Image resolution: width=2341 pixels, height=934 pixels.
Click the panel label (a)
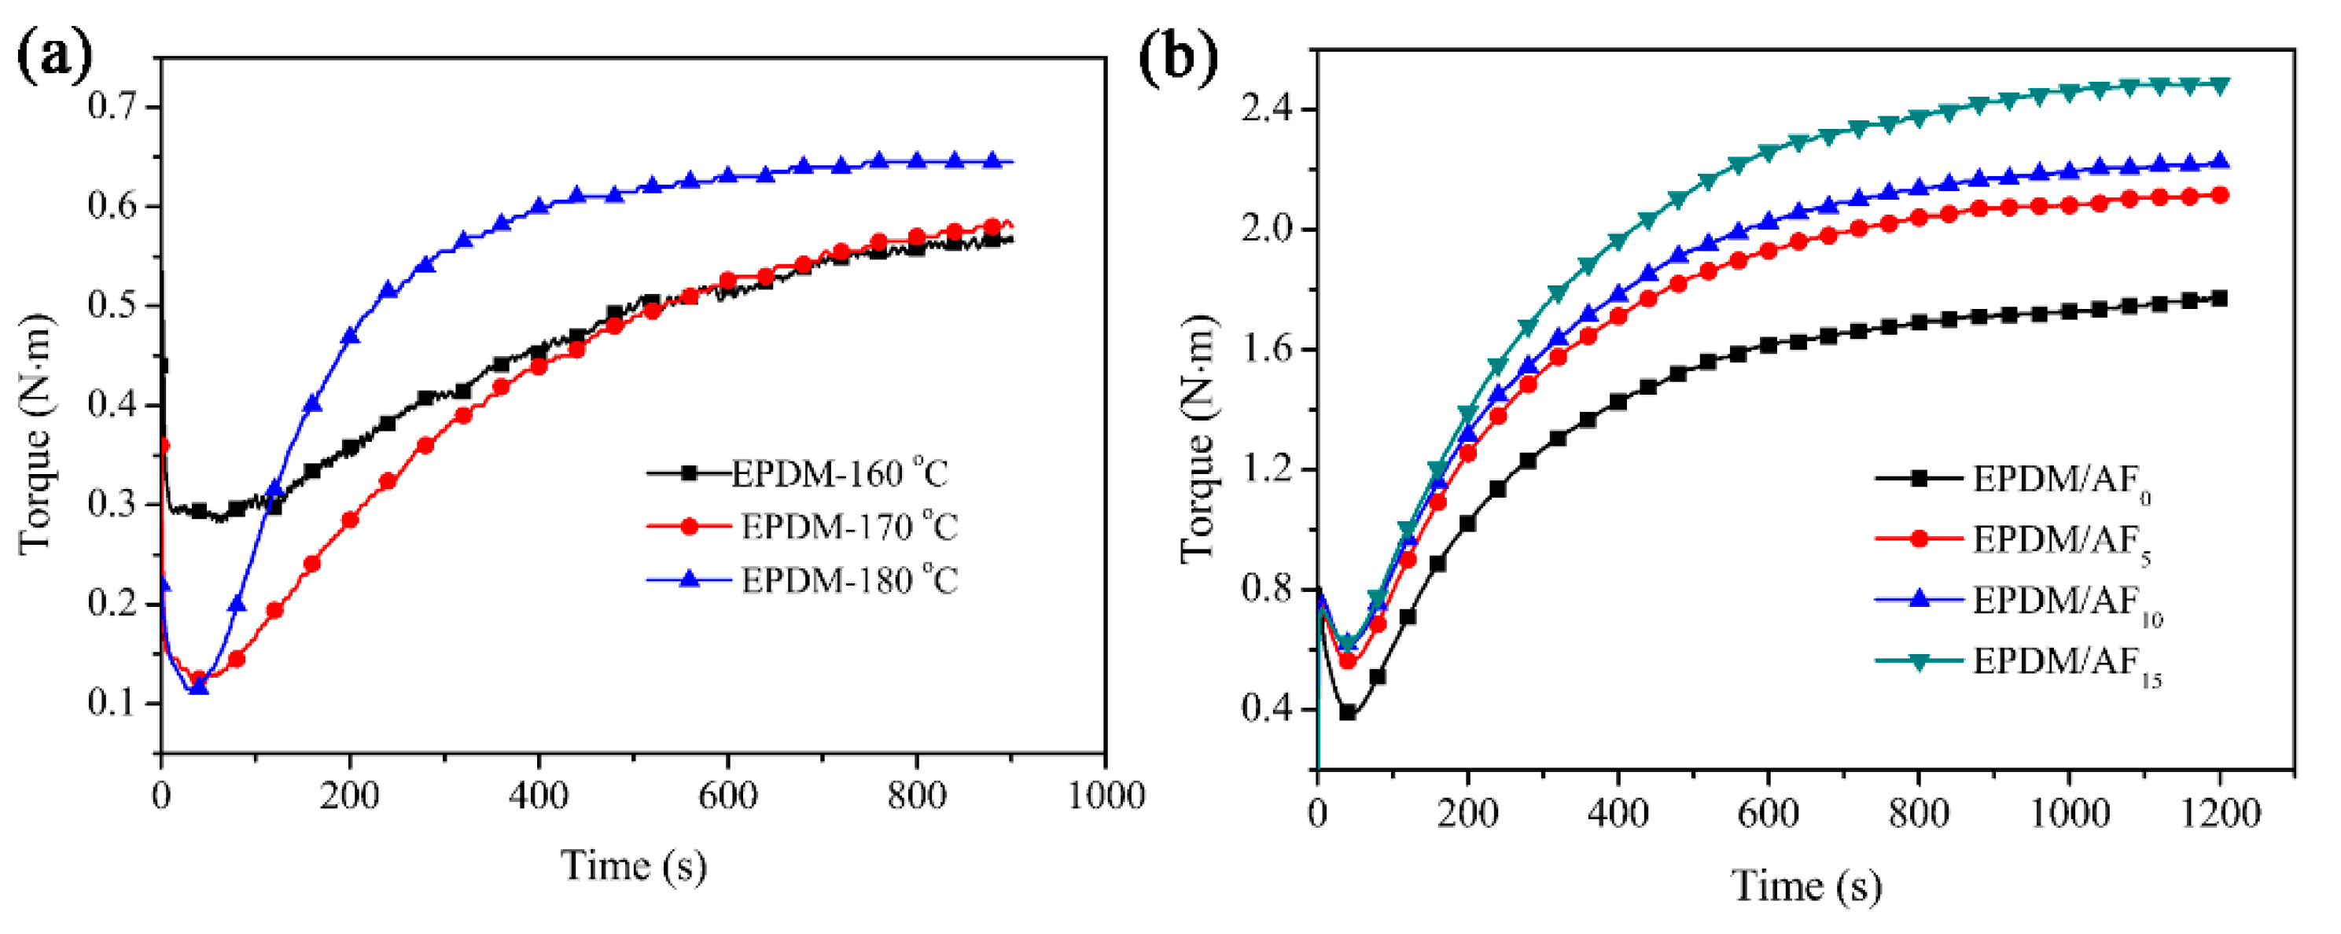pyautogui.click(x=54, y=57)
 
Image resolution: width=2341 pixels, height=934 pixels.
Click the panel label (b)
pyautogui.click(x=1178, y=57)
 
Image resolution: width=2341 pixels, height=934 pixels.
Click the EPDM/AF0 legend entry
pyautogui.click(x=2059, y=479)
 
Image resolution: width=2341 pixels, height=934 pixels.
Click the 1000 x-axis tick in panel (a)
pyautogui.click(x=1105, y=796)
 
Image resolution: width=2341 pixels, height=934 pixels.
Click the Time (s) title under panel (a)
pyautogui.click(x=634, y=866)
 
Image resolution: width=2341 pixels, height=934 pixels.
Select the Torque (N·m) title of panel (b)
pyautogui.click(x=1198, y=439)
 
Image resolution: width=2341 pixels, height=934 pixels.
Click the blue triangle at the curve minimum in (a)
pyautogui.click(x=198, y=687)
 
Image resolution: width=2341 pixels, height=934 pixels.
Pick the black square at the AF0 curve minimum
pyautogui.click(x=1348, y=713)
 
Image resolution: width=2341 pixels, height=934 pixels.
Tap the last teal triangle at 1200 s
pyautogui.click(x=2219, y=86)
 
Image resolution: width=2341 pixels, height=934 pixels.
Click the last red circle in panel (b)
pyautogui.click(x=2219, y=194)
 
